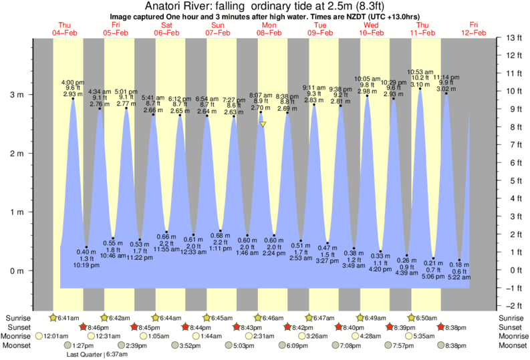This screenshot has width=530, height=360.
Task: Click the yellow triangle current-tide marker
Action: [x=263, y=124]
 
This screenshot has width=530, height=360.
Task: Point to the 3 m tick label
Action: [x=15, y=95]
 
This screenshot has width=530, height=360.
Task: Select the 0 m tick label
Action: [x=15, y=271]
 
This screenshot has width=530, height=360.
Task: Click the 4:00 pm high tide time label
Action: [x=72, y=81]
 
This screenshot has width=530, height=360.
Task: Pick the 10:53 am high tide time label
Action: [x=420, y=71]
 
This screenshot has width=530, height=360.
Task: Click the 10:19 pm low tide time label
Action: [x=86, y=265]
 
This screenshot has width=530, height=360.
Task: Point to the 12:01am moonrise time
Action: [x=57, y=336]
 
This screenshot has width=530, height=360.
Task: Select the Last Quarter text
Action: [x=85, y=354]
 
